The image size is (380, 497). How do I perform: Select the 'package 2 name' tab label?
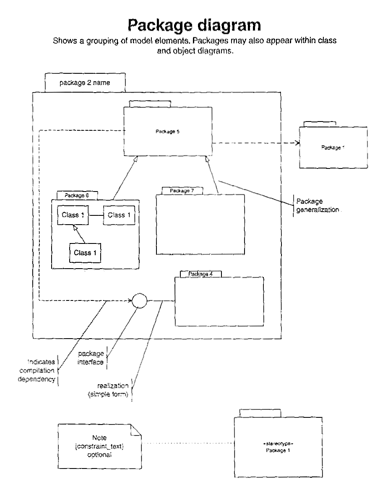coord(85,83)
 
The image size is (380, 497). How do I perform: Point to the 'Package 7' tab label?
coord(182,191)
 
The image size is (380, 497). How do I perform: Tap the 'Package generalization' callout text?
coord(317,205)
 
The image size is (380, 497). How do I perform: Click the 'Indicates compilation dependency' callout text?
coord(41,370)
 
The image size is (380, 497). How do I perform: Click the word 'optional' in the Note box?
coord(99,454)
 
